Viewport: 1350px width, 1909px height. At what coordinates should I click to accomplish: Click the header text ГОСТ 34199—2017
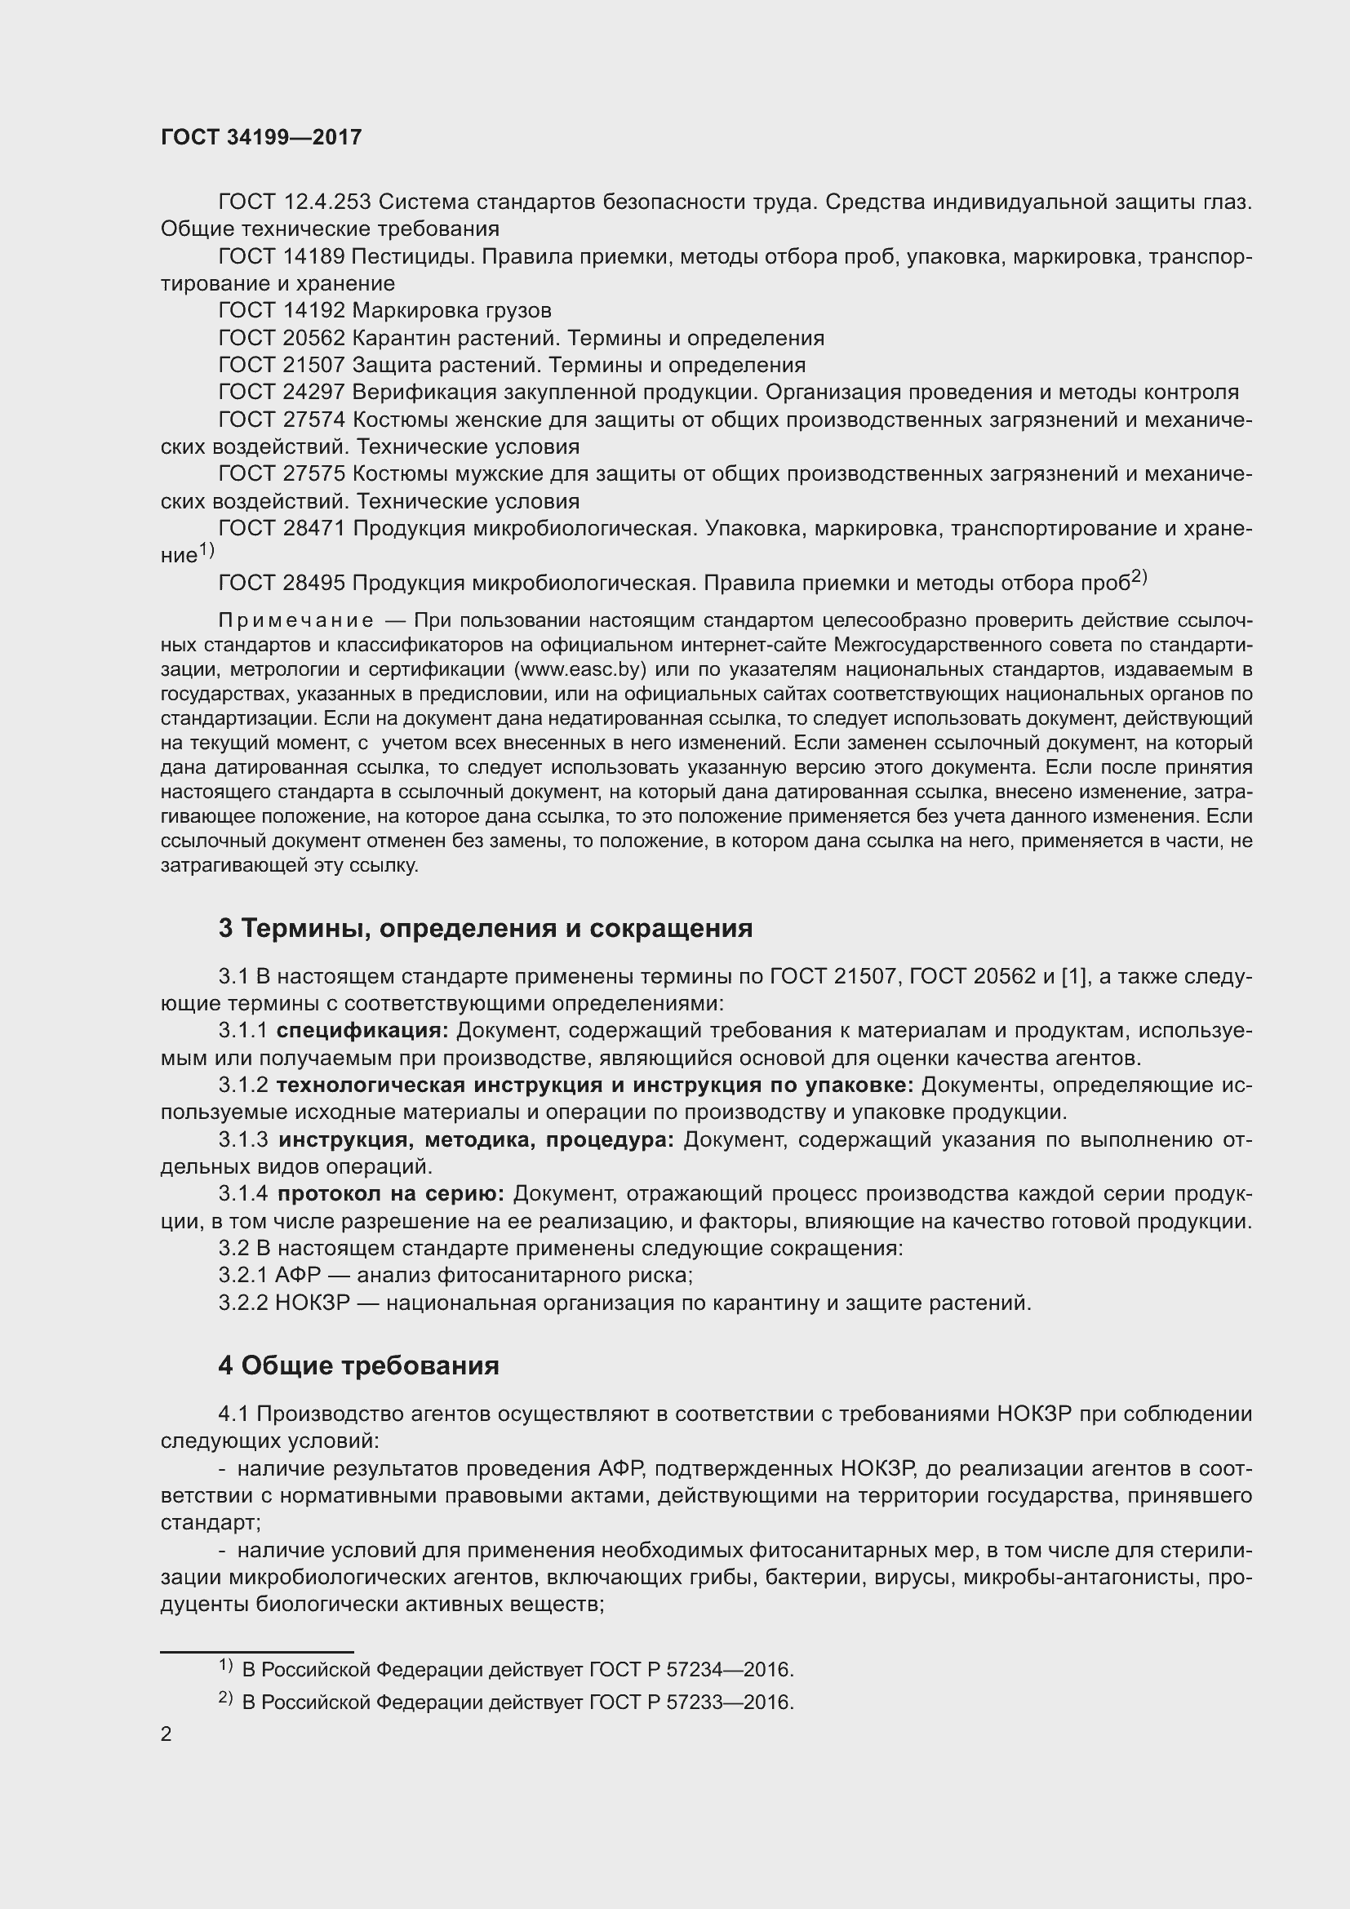[x=261, y=137]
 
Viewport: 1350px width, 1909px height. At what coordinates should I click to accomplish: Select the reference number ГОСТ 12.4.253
[x=295, y=202]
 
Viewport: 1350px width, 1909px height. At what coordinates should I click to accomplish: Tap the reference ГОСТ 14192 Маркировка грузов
[x=384, y=311]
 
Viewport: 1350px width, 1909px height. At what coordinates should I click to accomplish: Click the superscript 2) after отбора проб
[x=1139, y=577]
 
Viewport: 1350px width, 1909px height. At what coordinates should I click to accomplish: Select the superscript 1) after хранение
[x=206, y=550]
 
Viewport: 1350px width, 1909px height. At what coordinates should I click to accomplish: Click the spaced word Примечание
[x=295, y=621]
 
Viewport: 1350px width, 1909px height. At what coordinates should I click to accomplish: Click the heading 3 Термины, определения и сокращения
[x=486, y=929]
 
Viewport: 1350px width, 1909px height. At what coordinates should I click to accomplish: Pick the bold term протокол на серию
[x=391, y=1195]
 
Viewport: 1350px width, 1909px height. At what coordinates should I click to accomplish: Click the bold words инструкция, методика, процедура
[x=477, y=1140]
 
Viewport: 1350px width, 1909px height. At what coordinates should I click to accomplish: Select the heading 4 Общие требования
[x=358, y=1366]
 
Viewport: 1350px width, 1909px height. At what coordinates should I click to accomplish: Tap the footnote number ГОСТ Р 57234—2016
[x=691, y=1670]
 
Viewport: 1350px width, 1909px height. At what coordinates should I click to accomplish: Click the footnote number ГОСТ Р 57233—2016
[x=691, y=1702]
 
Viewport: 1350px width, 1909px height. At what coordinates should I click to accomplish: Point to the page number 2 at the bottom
[x=167, y=1734]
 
